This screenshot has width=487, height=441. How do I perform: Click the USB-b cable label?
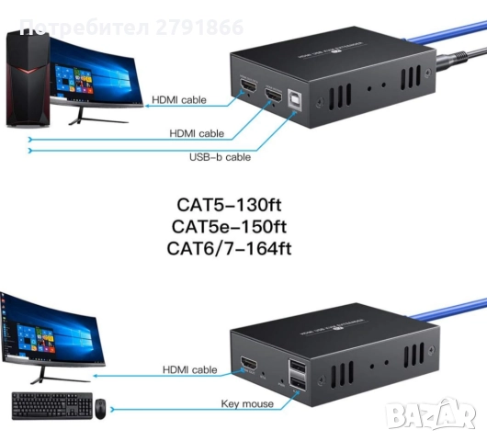point(220,156)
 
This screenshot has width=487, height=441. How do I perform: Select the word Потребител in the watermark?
point(66,27)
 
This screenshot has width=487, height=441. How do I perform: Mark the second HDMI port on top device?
point(274,94)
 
